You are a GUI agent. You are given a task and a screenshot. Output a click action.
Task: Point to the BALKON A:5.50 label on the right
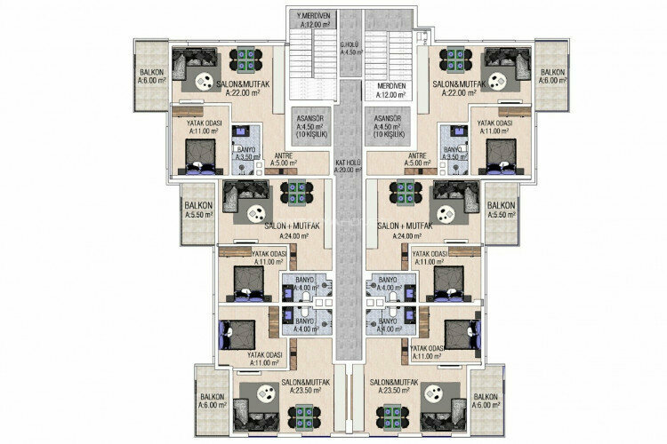[x=502, y=210]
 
